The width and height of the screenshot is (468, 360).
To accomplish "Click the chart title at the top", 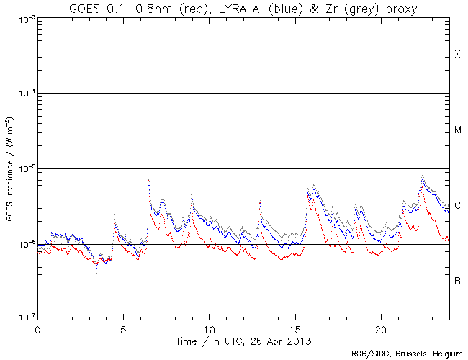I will click(x=243, y=8).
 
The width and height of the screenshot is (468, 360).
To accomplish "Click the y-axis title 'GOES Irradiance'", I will click(x=9, y=168).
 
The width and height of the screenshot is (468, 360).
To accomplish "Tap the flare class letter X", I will click(x=457, y=55).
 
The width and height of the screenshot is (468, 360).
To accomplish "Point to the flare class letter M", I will click(x=457, y=130).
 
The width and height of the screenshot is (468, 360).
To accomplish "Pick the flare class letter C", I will click(x=457, y=205).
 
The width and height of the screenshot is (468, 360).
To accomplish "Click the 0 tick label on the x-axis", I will click(x=37, y=328).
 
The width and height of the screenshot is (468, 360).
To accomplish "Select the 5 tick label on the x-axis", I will click(x=123, y=328).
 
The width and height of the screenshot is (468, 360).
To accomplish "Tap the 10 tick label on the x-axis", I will click(x=209, y=328).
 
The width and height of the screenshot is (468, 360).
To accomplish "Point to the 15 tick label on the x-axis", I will click(x=294, y=328).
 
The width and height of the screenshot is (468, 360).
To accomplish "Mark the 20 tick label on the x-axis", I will click(x=380, y=328).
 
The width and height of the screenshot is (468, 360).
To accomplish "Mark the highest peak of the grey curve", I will click(x=423, y=175).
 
